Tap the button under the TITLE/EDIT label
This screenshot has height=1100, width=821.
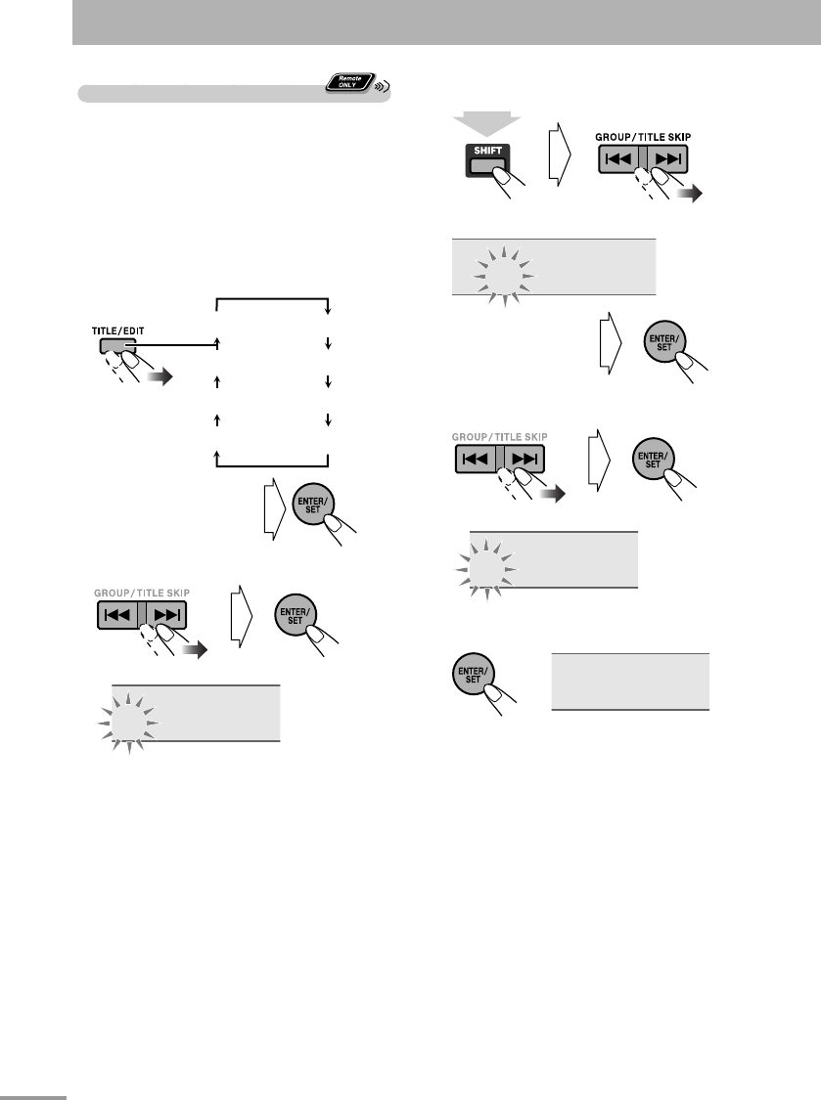(109, 345)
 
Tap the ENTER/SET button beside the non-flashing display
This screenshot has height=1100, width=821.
(473, 675)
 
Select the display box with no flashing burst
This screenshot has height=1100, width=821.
(630, 682)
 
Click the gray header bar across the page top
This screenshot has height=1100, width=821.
(446, 22)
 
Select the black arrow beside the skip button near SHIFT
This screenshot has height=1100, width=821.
(690, 195)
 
